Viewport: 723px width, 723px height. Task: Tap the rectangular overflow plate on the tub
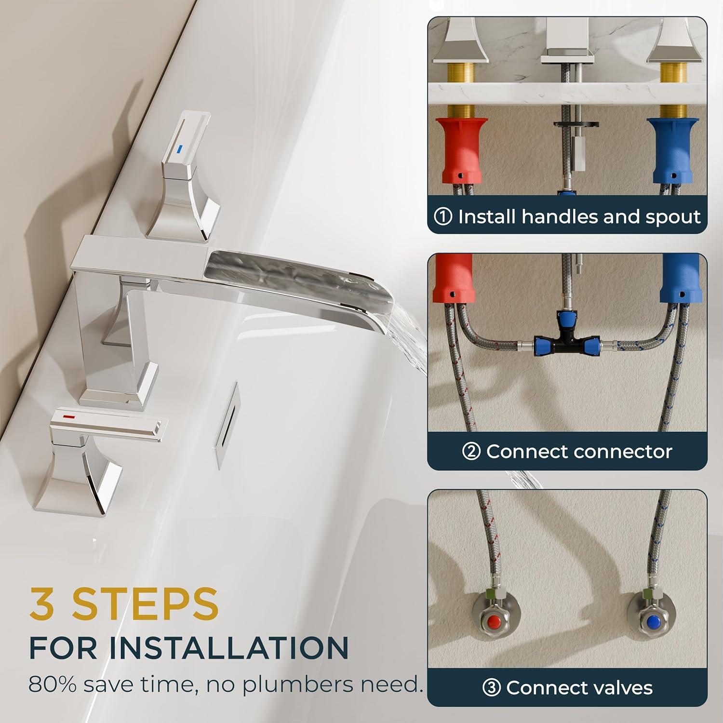click(228, 425)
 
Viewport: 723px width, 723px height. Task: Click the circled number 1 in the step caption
click(443, 217)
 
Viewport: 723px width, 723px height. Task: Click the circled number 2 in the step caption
click(471, 452)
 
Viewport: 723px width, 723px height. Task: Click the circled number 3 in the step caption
click(491, 688)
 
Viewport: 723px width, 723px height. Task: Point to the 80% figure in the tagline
click(53, 684)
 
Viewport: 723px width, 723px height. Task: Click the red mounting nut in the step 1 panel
click(461, 150)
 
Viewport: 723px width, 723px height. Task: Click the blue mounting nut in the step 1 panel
click(672, 150)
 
